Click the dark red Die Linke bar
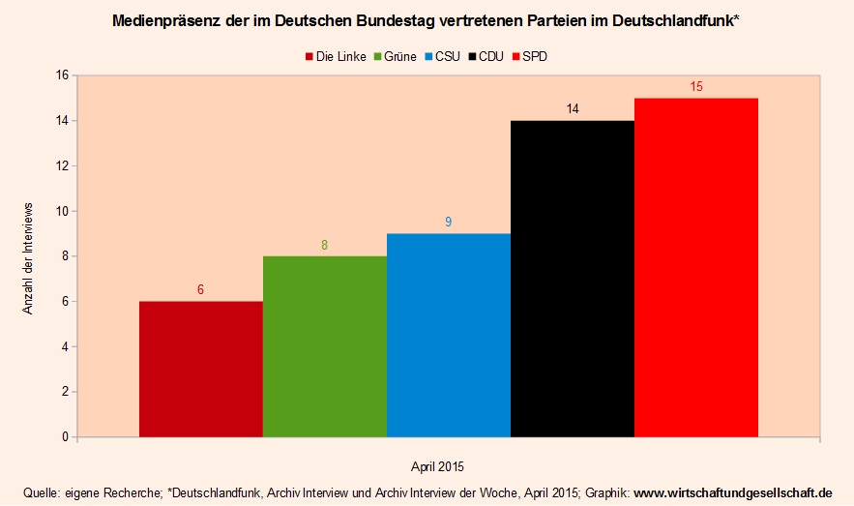(200, 369)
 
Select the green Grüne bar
(324, 346)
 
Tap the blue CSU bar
(448, 335)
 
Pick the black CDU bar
(572, 279)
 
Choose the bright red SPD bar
(695, 267)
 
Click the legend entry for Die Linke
(335, 56)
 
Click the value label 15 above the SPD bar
(696, 87)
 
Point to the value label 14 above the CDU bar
(573, 109)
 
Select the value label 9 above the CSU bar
(448, 223)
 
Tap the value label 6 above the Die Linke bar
(200, 290)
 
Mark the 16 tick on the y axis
(61, 75)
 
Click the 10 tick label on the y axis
(61, 211)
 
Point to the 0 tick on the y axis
(64, 437)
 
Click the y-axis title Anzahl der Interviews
(28, 257)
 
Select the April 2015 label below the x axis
(437, 466)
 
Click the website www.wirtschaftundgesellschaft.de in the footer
(732, 491)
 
